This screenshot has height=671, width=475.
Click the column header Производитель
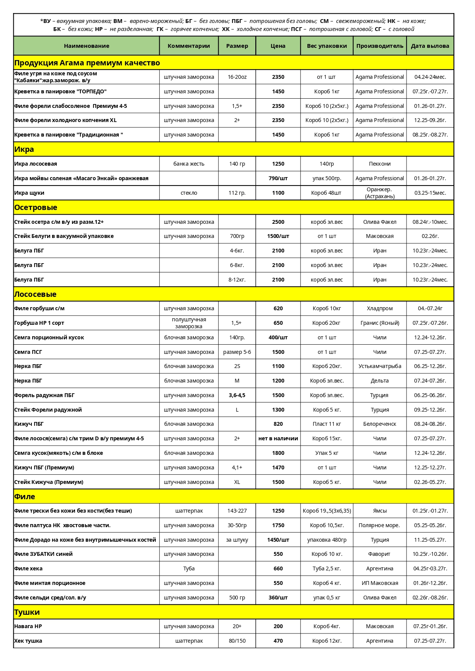pyautogui.click(x=379, y=46)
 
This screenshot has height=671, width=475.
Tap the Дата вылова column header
pyautogui.click(x=430, y=46)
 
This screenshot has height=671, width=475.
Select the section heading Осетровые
pyautogui.click(x=36, y=207)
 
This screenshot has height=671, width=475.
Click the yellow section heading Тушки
pyautogui.click(x=27, y=612)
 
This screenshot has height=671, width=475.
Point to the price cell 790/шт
pyautogui.click(x=278, y=178)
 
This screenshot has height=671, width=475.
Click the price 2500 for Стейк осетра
pyautogui.click(x=278, y=222)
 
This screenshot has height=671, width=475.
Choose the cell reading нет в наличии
pyautogui.click(x=278, y=438)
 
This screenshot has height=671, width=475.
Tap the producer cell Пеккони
pyautogui.click(x=379, y=164)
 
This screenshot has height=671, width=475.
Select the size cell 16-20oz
pyautogui.click(x=237, y=77)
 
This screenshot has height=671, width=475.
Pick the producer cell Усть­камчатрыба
pyautogui.click(x=379, y=366)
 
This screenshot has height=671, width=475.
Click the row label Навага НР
pyautogui.click(x=28, y=626)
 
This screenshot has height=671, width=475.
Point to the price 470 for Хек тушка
pyautogui.click(x=278, y=641)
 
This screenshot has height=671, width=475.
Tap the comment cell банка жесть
pyautogui.click(x=189, y=164)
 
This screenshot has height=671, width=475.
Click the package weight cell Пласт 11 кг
pyautogui.click(x=326, y=424)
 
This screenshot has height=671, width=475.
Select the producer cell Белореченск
pyautogui.click(x=379, y=424)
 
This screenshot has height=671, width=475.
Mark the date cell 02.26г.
pyautogui.click(x=430, y=236)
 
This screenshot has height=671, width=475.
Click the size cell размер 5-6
pyautogui.click(x=237, y=352)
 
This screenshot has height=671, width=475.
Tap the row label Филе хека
pyautogui.click(x=28, y=568)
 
